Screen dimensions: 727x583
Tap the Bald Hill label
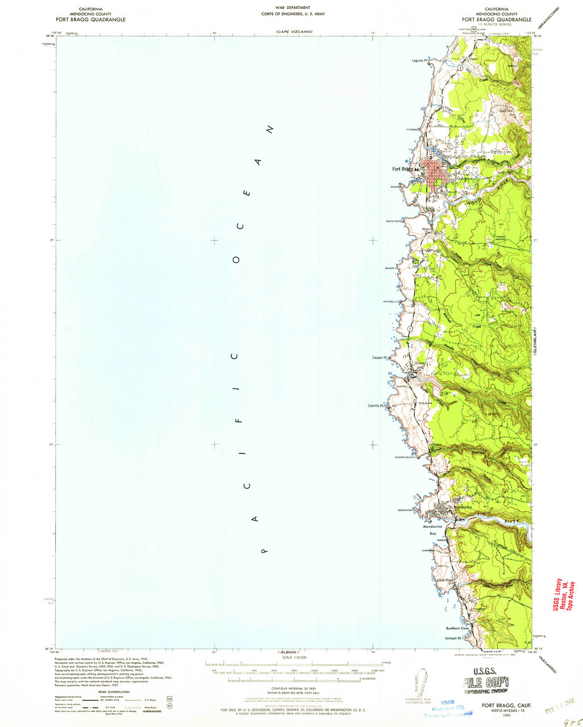click(x=506, y=110)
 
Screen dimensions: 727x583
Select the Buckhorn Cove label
click(x=457, y=628)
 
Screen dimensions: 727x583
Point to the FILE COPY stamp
click(x=486, y=683)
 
